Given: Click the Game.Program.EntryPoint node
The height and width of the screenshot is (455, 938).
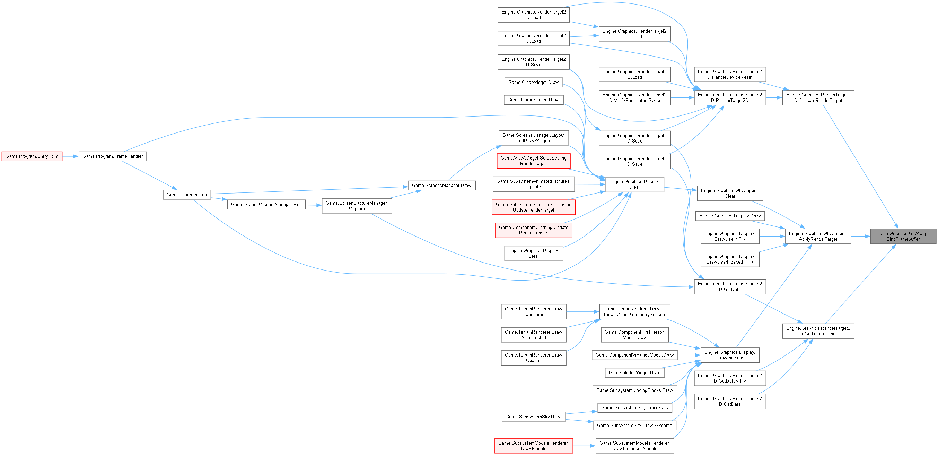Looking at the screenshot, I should (x=32, y=156).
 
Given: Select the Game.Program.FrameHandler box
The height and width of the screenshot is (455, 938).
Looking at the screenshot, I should (x=113, y=156).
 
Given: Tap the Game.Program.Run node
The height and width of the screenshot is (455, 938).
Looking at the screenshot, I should (x=186, y=195).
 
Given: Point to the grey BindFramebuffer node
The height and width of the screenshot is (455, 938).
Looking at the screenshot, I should (x=903, y=237).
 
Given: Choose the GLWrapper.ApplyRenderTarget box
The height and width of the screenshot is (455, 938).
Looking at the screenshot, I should (x=817, y=237).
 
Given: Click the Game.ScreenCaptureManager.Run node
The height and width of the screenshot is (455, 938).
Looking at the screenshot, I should (x=266, y=204).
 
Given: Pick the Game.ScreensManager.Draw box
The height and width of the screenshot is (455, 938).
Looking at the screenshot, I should (x=441, y=186).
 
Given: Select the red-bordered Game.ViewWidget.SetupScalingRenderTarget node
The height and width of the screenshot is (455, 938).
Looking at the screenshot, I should (x=534, y=161).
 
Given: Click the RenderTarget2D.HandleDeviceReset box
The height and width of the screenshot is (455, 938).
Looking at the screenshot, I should (x=729, y=74).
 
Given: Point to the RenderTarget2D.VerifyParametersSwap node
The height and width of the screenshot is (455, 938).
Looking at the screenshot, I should (x=634, y=98).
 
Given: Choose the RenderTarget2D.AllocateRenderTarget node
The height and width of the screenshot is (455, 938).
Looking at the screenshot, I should (x=818, y=98).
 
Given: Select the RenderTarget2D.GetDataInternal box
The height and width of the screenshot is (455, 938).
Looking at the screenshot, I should (x=818, y=331).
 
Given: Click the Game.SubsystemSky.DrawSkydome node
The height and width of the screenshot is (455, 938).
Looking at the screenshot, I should (x=634, y=425).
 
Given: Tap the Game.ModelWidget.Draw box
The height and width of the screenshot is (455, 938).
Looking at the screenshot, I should (x=634, y=373).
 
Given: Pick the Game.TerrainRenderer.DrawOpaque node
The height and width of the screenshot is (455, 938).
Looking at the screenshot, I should (x=534, y=358).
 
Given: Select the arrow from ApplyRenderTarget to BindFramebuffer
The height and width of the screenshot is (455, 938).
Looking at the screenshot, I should (x=860, y=237).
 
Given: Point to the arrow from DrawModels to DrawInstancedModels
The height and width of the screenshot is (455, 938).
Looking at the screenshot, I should (x=584, y=446).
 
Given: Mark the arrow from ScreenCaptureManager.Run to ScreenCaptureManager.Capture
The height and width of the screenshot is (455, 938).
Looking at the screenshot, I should (x=314, y=205).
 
